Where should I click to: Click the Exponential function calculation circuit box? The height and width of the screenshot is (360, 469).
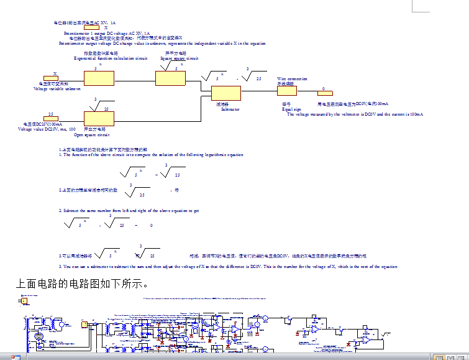click(x=99, y=78)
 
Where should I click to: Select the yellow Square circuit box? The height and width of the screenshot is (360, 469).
click(x=170, y=78)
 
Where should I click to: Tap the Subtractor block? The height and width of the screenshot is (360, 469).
click(x=225, y=93)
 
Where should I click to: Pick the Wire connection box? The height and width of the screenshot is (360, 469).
click(x=287, y=90)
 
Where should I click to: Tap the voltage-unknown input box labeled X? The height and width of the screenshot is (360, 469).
click(x=55, y=78)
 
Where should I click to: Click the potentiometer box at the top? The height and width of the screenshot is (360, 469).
click(x=91, y=27)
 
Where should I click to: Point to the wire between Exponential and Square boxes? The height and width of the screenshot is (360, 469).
click(x=135, y=79)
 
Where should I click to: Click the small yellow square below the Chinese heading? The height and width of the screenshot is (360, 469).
click(x=24, y=302)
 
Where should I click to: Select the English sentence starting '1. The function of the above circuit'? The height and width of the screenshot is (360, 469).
click(x=150, y=155)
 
